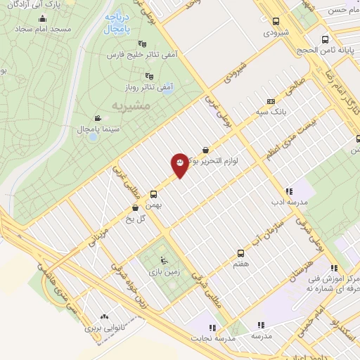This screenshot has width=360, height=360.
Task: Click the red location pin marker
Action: click(179, 165)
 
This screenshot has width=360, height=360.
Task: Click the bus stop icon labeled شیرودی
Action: click(275, 22)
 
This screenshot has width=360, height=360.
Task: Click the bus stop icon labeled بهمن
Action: click(153, 194)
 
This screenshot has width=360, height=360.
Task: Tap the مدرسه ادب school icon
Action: click(289, 191)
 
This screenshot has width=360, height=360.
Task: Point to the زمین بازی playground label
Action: click(156, 270)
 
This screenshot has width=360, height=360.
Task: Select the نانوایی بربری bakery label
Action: click(104, 328)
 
